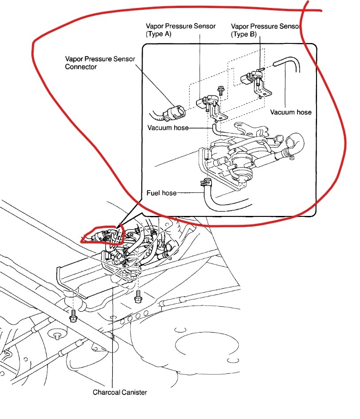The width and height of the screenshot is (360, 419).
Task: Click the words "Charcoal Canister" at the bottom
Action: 120,392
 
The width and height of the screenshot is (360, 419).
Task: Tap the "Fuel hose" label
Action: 161,193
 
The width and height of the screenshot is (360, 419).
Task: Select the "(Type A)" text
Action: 159,34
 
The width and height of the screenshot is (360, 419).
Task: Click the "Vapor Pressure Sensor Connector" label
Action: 100,63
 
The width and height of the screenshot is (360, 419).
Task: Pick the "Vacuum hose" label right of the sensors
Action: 291,112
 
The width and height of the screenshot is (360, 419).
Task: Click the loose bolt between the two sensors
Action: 221,90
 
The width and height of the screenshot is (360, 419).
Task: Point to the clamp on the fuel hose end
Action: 205,182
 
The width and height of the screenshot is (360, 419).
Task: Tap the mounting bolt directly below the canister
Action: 137,296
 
